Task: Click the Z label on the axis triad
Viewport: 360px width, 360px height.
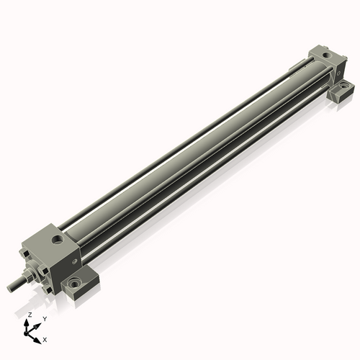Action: tap(28, 315)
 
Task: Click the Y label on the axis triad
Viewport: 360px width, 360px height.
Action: tap(45, 318)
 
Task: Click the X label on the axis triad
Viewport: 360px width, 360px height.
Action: tap(45, 338)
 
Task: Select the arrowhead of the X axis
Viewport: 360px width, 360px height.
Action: tap(38, 338)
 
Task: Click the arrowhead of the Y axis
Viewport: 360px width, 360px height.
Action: tap(38, 324)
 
